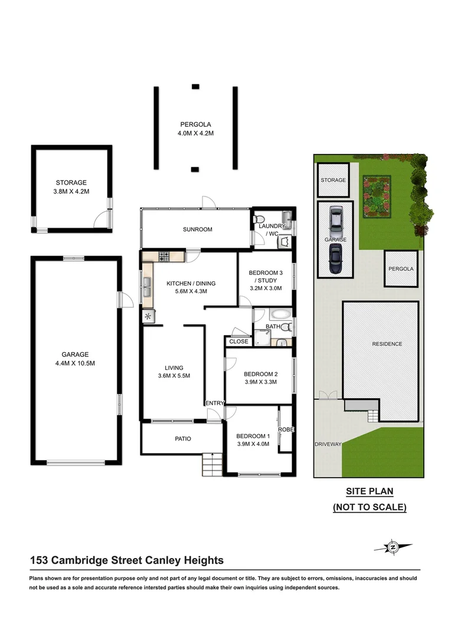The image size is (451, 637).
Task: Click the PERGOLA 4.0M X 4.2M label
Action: [x=195, y=129]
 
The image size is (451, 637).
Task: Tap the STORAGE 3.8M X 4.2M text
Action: [x=71, y=187]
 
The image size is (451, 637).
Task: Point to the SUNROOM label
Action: [x=197, y=229]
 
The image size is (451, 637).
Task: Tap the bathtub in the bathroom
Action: [x=280, y=314]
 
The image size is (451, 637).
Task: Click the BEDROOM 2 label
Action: [x=260, y=377]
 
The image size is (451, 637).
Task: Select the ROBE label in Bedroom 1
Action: [x=286, y=429]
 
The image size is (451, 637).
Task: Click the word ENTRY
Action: [x=214, y=403]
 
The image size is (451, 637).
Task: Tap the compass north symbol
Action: [x=392, y=547]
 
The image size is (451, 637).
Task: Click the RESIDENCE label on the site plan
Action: [x=387, y=344]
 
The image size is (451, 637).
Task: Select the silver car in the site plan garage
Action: [x=335, y=219]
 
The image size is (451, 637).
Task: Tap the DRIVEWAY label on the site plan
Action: [x=328, y=444]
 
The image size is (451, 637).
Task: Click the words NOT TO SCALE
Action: [x=370, y=507]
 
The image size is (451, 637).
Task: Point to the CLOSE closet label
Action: [x=238, y=342]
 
